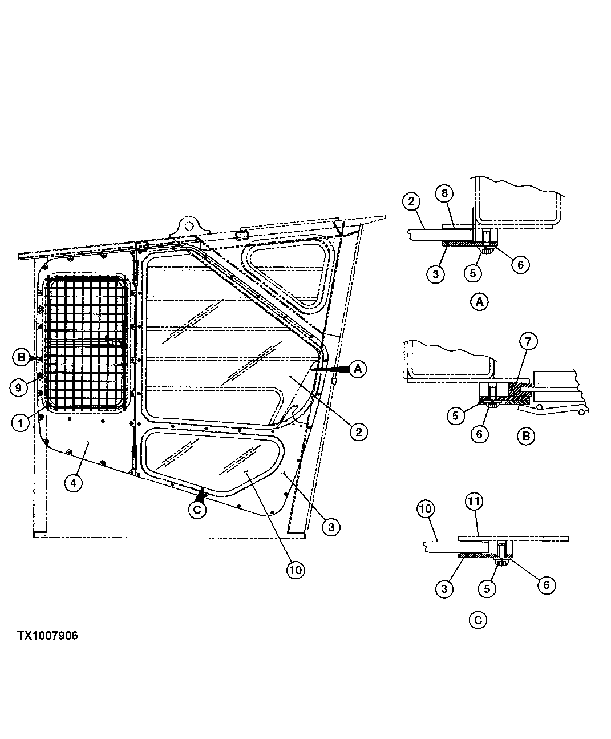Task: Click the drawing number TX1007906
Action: click(47, 635)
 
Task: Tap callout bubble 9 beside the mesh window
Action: click(19, 388)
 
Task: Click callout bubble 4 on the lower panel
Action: click(72, 483)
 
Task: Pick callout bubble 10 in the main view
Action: click(296, 569)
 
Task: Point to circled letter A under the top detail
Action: click(479, 302)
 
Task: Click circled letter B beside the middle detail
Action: click(525, 437)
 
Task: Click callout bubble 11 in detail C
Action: click(474, 502)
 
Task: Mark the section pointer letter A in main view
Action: click(358, 369)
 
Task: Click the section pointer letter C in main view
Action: click(197, 510)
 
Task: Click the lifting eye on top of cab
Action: click(187, 224)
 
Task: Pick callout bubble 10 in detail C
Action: click(427, 507)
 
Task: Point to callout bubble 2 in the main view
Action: click(358, 432)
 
